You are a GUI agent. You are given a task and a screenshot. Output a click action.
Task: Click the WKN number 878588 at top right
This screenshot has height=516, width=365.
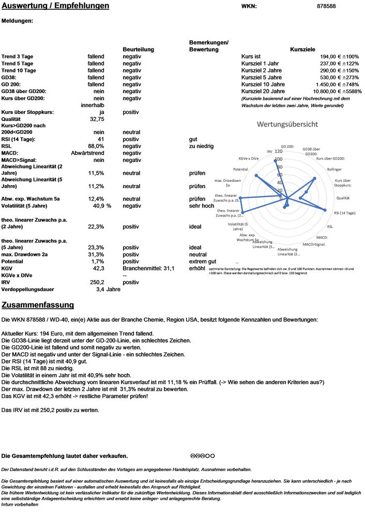coord(341,6)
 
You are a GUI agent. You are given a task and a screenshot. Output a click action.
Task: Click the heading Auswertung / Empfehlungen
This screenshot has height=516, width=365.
coord(55,6)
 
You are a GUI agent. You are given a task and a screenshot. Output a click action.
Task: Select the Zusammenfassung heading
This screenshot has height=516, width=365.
coord(38,305)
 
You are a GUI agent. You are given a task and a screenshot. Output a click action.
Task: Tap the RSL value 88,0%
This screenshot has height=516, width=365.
coord(96,146)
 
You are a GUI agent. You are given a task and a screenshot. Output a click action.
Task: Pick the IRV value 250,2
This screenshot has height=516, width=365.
coord(97,282)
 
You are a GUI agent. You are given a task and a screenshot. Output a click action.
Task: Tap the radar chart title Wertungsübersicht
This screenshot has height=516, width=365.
coord(287,125)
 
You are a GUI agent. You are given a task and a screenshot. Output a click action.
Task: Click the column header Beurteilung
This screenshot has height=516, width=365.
coord(139,50)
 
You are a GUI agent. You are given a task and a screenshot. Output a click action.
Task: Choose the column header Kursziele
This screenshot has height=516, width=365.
coord(303,50)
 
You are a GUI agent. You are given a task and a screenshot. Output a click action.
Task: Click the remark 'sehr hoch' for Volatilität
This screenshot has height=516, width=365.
coord(202,206)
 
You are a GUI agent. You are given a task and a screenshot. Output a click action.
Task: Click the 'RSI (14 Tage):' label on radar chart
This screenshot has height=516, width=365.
coord(344,213)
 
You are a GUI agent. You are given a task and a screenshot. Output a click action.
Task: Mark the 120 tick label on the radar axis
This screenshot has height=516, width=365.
coord(279,151)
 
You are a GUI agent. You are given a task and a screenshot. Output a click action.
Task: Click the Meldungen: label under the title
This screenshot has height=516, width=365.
coord(18,21)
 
